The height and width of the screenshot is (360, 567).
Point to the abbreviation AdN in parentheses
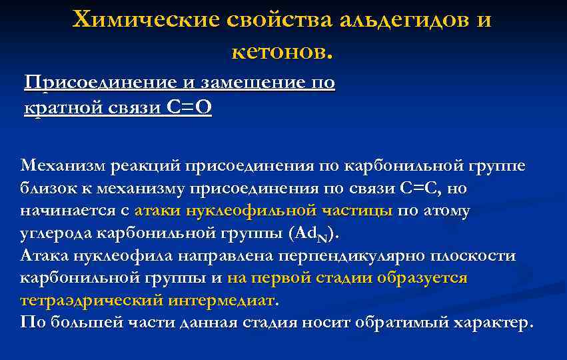click(313, 234)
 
